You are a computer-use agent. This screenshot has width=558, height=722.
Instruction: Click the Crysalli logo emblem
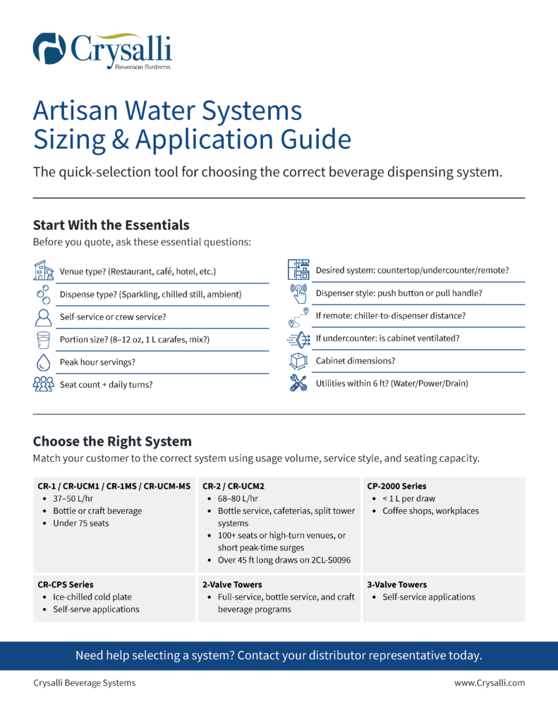point(49,48)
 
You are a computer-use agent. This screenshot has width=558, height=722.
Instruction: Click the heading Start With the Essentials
point(111,225)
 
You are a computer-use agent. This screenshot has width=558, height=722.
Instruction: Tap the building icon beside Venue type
point(43,271)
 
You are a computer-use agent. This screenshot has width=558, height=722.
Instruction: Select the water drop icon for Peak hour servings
point(43,362)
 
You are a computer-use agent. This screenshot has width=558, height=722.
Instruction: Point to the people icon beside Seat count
point(43,384)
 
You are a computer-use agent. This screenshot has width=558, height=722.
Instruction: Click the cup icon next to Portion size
point(43,339)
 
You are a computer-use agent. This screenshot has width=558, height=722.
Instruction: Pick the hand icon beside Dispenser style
point(298,293)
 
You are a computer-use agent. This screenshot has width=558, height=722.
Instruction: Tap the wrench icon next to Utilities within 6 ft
point(298,384)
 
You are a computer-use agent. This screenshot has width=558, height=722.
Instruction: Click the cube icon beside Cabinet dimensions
point(298,361)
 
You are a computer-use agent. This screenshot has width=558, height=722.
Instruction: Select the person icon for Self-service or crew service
point(43,317)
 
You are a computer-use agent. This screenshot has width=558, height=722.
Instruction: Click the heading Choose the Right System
point(112,441)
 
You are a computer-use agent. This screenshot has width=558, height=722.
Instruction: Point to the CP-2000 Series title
point(396,487)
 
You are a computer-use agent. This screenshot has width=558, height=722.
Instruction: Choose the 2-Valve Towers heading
point(232,585)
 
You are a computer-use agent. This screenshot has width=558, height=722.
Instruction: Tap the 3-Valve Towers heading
point(397,585)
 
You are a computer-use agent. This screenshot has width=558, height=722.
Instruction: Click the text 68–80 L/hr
point(238,499)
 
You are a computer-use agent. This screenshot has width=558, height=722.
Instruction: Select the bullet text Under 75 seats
point(80,523)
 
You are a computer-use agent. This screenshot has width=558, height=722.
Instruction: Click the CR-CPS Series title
point(65,585)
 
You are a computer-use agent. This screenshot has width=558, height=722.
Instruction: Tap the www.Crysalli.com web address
point(489,683)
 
